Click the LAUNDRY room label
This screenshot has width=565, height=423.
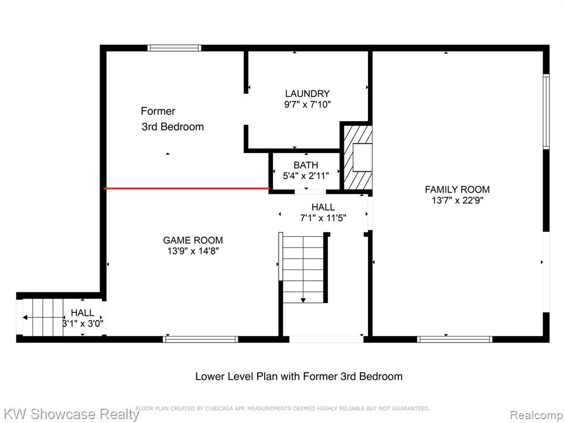[307, 94]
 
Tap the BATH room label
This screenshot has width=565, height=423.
[306, 165]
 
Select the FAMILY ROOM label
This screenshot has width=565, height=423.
[457, 189]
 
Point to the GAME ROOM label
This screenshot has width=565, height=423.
[193, 240]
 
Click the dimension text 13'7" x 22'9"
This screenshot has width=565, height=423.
[457, 200]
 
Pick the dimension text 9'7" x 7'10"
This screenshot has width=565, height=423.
[307, 104]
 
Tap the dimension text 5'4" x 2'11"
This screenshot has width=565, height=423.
[306, 176]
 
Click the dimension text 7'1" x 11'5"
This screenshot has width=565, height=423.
[323, 218]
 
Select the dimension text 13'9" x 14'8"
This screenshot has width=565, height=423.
[193, 251]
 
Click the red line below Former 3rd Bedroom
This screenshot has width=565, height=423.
[186, 188]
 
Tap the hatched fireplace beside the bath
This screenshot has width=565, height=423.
[357, 157]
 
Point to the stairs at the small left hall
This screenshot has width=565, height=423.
[43, 317]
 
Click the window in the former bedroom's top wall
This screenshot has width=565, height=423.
[174, 48]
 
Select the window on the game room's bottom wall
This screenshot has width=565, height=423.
[200, 339]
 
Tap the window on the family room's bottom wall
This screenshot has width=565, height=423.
[455, 339]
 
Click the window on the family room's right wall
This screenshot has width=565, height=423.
[546, 111]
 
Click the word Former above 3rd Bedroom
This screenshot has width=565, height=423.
[158, 111]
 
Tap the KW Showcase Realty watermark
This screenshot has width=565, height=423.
[71, 414]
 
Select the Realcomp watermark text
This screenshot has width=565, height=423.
[536, 415]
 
